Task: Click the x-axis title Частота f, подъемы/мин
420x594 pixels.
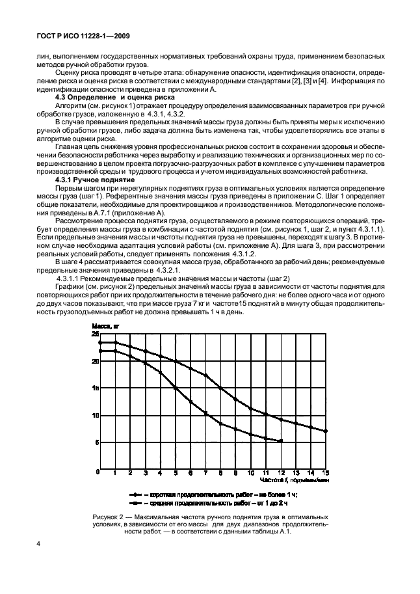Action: (294, 479)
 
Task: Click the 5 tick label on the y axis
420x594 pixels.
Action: (97, 442)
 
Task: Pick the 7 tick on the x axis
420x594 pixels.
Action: (205, 473)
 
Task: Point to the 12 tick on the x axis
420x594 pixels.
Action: (281, 473)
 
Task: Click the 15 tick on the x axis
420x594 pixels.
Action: (326, 473)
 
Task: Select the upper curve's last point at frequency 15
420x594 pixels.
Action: (326, 431)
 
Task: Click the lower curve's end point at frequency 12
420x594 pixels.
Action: (281, 441)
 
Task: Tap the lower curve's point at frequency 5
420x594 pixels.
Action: (176, 387)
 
